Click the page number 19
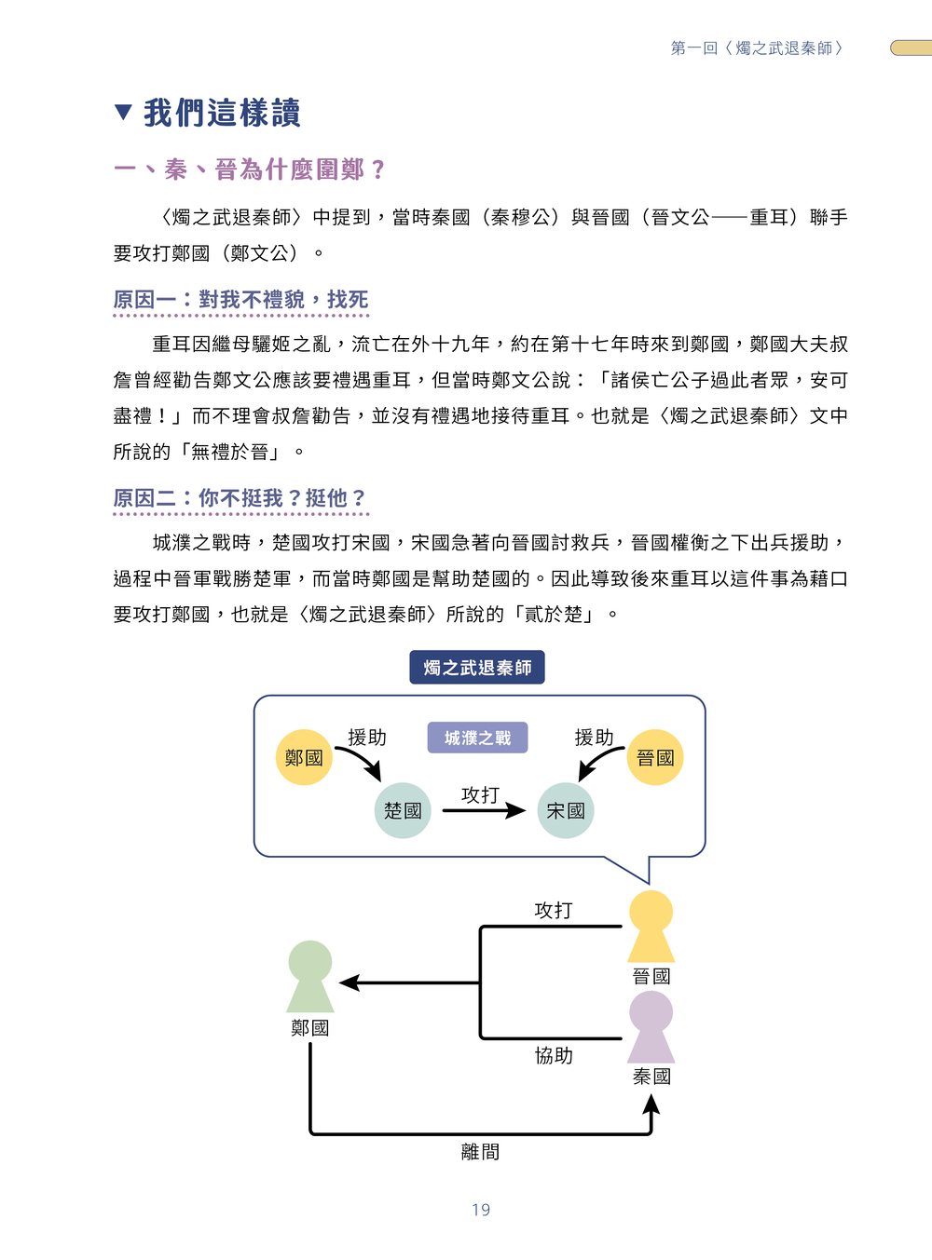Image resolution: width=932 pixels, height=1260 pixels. coord(481,1210)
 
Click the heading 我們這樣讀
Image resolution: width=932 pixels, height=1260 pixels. coord(222,113)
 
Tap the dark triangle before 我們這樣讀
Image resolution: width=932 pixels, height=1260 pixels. coord(123,112)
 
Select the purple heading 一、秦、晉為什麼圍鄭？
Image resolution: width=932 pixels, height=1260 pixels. coord(250,169)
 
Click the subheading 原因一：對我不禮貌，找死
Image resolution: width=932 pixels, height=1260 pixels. coord(241,299)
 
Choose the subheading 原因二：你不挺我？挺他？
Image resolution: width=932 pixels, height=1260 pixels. coord(240,498)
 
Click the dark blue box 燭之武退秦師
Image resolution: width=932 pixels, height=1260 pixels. coord(477,667)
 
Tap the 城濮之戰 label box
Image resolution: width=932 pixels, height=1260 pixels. coord(478,738)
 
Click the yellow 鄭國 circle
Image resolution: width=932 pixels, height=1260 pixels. coord(304,757)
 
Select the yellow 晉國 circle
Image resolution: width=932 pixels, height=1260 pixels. coord(655,757)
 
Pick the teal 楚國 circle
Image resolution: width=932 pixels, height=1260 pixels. coord(403,810)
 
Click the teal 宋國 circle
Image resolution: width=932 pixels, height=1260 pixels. coord(566,810)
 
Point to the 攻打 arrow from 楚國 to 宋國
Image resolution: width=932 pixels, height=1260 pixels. coord(484,810)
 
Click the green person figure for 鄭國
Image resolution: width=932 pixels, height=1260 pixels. coord(310,976)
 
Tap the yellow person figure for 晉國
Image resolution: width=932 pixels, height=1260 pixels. coord(651,926)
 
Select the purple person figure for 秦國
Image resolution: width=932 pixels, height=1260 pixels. coord(651,1026)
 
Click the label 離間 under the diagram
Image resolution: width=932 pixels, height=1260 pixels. coord(481,1151)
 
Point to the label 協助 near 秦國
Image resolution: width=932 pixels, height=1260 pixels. coord(554,1055)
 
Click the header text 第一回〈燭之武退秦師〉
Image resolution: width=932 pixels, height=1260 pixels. coord(757,48)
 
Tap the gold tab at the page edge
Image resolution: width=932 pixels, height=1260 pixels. coord(911,47)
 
